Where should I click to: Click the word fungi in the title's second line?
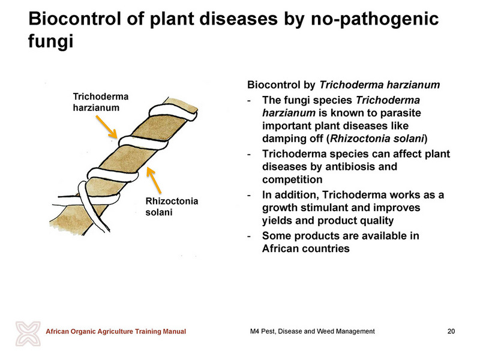51,41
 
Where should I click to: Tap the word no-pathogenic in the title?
374,20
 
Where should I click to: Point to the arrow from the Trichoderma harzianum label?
106,127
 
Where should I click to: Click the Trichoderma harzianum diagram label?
101,102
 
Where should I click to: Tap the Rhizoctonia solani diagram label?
172,206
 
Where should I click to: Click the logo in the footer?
28,334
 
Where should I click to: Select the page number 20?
451,331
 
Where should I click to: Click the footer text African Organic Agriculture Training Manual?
116,331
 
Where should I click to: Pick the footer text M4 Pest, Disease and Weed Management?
312,331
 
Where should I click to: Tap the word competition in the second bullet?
292,179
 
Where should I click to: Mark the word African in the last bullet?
280,248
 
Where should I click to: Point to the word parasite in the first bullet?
400,113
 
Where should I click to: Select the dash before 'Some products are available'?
249,236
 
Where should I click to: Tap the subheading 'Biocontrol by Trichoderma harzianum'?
343,85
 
